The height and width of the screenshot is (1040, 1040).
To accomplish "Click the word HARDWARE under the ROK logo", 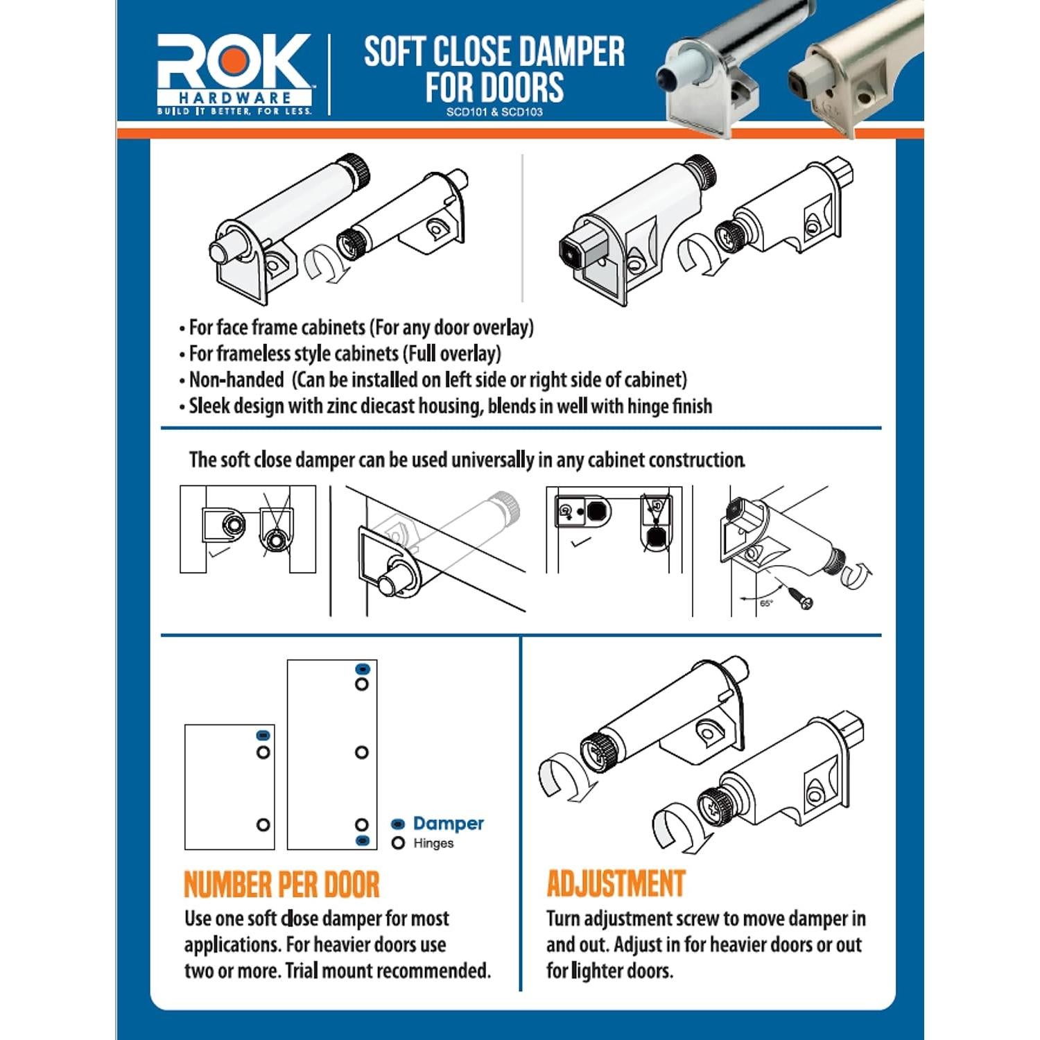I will click(234, 98).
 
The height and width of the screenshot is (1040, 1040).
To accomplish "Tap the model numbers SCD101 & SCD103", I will click(494, 112).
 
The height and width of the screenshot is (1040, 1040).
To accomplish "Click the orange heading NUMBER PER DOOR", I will click(281, 885).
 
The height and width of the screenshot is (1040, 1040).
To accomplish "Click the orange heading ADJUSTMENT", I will click(616, 884).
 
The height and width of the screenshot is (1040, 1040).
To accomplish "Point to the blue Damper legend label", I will click(448, 824).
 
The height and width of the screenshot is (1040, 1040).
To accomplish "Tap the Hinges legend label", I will click(433, 843).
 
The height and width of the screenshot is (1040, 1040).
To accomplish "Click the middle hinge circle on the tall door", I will click(361, 752).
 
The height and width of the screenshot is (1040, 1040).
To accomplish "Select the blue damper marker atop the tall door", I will click(362, 669).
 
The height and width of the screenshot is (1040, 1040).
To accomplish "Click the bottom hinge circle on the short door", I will click(263, 824).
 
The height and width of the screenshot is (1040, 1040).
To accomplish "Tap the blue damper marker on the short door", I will click(263, 736).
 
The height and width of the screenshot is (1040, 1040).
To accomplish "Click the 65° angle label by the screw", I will click(765, 603).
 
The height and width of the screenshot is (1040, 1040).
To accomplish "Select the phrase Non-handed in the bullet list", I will click(236, 380).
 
